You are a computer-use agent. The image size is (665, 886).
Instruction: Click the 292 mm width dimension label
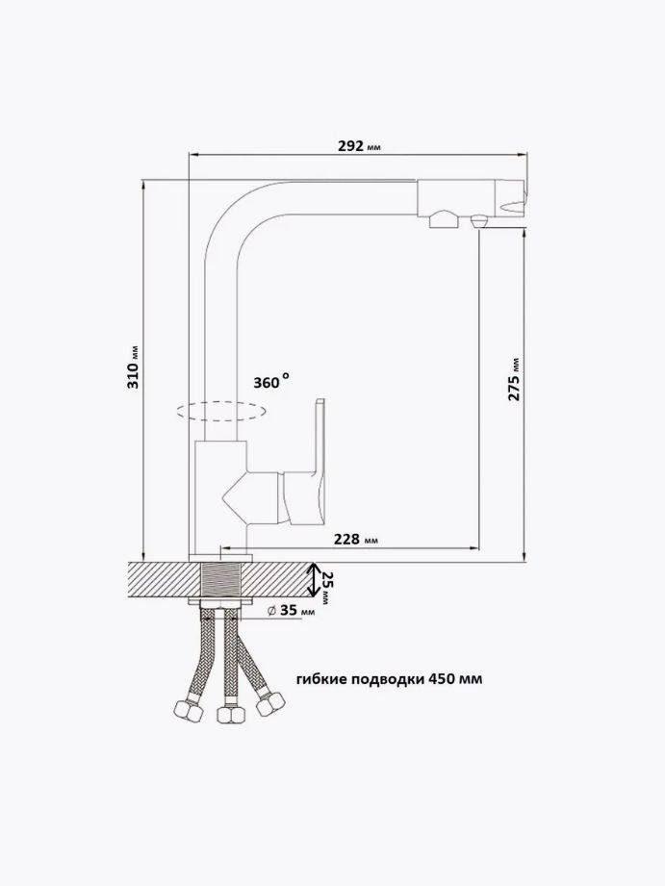[x=360, y=146]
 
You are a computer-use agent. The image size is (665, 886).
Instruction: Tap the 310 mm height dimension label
[x=134, y=367]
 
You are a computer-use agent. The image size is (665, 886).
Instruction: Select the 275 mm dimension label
[x=514, y=379]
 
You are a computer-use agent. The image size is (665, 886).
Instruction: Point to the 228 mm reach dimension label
[x=356, y=540]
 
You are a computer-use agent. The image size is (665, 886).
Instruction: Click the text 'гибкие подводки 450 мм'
[x=390, y=678]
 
